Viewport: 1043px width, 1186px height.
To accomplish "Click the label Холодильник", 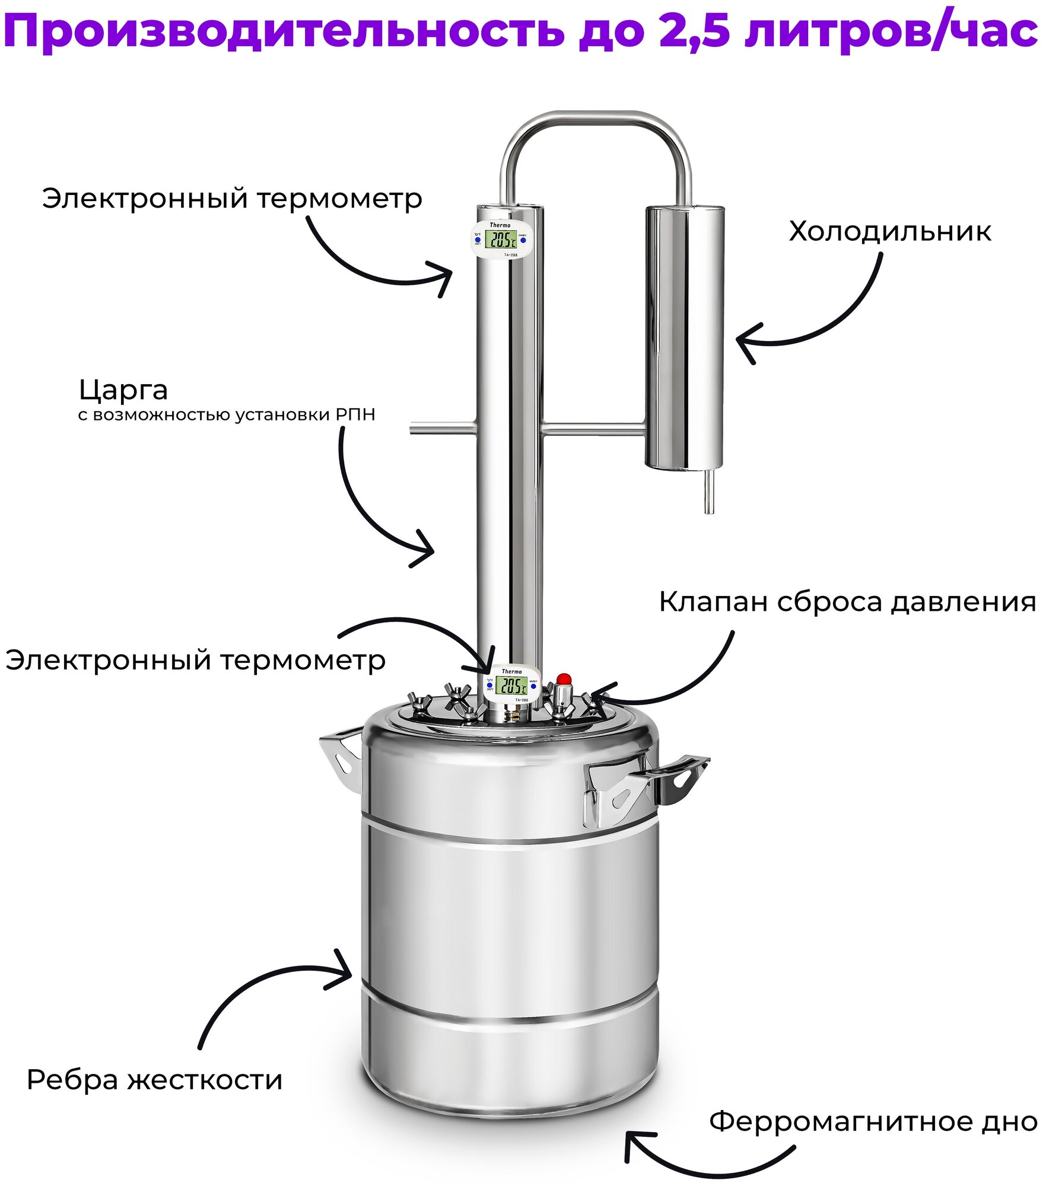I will click(889, 231).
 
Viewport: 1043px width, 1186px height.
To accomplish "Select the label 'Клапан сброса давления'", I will click(847, 602).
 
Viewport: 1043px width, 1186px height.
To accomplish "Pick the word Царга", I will click(123, 390).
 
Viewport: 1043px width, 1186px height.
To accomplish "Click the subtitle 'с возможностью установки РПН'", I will click(227, 415).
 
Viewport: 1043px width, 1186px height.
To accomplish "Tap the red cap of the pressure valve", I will click(563, 678).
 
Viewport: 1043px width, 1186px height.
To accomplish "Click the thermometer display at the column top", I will click(500, 239).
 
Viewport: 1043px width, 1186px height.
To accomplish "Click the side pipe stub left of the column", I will click(443, 428).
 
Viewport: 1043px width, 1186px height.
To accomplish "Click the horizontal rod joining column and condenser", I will click(593, 428).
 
